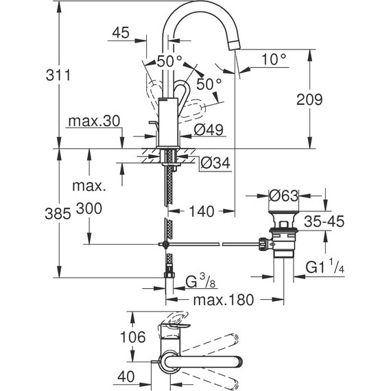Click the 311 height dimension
coord(58,75)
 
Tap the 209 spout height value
coord(309,99)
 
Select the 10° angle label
coord(274,59)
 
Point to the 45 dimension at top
coord(121,33)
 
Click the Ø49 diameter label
coord(209,130)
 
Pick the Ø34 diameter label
coord(215,163)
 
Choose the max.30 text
coord(94,121)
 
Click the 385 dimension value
coord(58,214)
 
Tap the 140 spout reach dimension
coord(202,211)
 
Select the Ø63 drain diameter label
coord(284,195)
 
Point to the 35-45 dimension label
coord(324,221)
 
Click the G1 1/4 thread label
coord(325,267)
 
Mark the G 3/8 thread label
coord(201,281)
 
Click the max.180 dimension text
coord(224,300)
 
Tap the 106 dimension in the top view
coord(132,337)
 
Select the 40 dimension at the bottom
coord(126,377)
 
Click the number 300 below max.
coord(89,209)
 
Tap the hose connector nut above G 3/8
coord(169,275)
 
